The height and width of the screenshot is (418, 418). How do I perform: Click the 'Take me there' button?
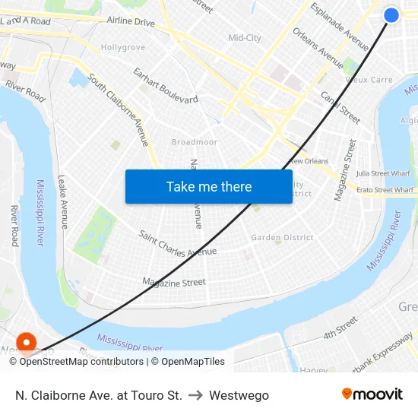pos(209,186)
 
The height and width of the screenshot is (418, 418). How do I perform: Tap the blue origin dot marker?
pos(391,15)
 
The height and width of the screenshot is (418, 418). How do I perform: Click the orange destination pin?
pos(27,343)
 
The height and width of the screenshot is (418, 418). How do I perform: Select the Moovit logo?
pos(372,394)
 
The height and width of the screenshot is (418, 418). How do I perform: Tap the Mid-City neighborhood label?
pos(245,38)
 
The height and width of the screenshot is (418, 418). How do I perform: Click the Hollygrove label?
pos(123,47)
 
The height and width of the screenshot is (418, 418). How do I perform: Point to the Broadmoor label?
pos(195,142)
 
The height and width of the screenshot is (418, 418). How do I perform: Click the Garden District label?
pos(282,237)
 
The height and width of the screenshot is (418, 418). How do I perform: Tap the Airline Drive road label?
pos(131,22)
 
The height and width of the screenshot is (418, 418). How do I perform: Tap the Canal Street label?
pos(340,107)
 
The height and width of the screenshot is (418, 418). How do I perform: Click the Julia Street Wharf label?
pos(383,173)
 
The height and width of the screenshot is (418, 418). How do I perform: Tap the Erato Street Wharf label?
pos(385,190)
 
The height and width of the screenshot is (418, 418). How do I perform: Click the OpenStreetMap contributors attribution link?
pos(81,362)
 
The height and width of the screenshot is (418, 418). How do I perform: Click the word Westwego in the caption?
pos(239,395)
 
